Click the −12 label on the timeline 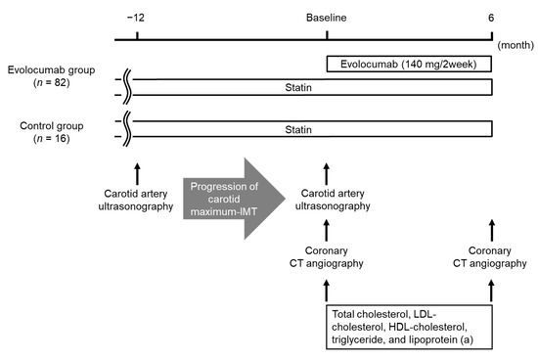(136, 18)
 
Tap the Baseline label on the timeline (326, 18)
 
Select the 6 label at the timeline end (491, 18)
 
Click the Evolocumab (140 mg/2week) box (408, 64)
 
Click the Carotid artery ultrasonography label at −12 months (137, 200)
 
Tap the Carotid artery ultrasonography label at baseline (326, 200)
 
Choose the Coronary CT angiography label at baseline (326, 255)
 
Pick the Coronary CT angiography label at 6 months (491, 255)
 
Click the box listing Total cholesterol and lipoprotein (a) (408, 325)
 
